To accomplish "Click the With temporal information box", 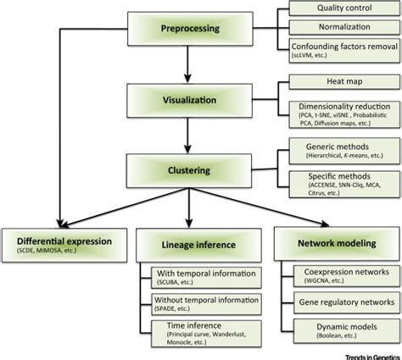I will coord(208,277).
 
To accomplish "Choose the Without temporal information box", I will coord(208,303).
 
